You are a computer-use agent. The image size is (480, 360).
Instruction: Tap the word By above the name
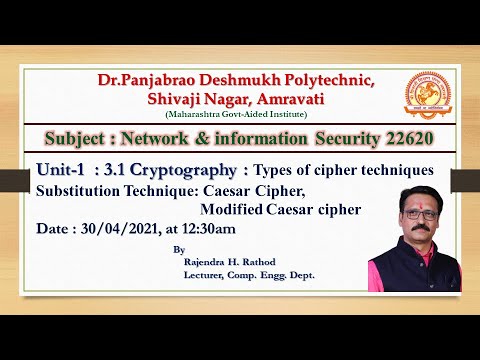tap(178, 250)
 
